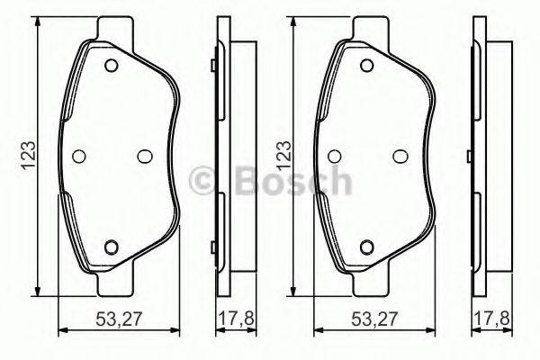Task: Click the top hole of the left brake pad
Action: point(112,65)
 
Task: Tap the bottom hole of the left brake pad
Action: point(112,247)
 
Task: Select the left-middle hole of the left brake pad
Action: point(78,156)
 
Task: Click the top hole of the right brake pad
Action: point(367,65)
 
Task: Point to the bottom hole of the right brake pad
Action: point(367,247)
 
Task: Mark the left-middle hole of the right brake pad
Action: point(334,156)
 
